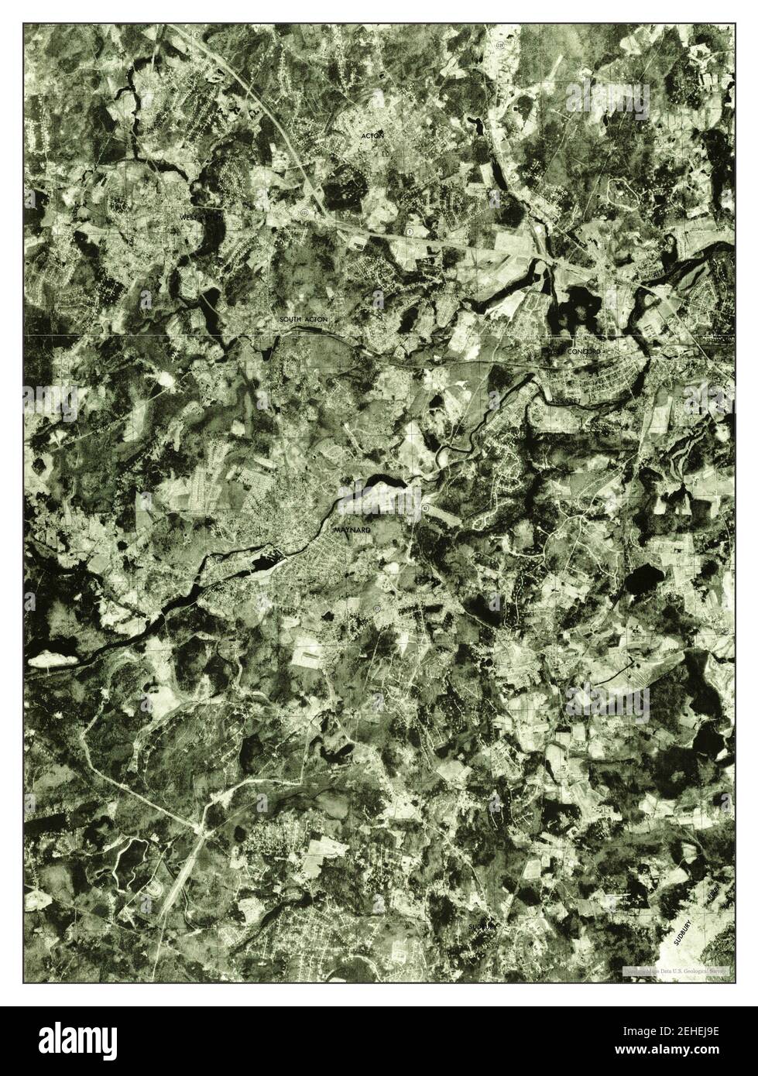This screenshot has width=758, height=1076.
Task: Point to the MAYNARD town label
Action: click(352, 530)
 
